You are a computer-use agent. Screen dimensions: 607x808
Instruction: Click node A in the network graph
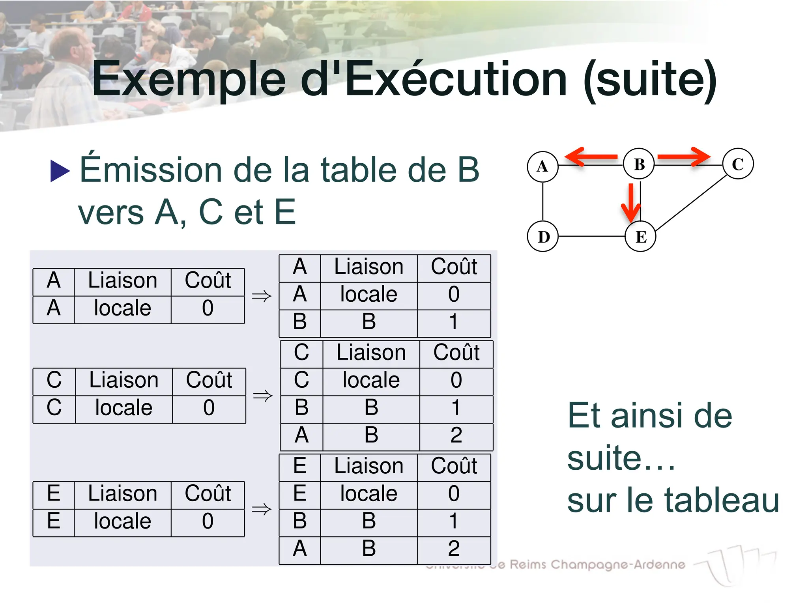click(542, 166)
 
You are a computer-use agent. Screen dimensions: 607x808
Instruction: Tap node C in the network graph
click(738, 164)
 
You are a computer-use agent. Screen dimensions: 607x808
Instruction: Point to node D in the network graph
click(543, 237)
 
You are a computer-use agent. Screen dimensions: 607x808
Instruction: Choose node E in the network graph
click(641, 237)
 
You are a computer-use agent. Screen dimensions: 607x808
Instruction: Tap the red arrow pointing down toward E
click(631, 203)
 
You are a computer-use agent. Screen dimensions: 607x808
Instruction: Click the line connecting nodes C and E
click(690, 203)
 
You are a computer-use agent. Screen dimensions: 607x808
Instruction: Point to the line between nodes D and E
click(592, 236)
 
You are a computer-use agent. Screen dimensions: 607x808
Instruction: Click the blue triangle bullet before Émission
click(60, 171)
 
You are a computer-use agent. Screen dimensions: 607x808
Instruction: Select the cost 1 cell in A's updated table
click(454, 322)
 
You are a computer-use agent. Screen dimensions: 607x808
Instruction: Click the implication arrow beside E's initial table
click(262, 509)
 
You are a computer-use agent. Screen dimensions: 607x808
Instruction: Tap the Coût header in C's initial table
click(209, 381)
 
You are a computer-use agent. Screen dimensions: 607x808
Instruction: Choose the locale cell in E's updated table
click(368, 494)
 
